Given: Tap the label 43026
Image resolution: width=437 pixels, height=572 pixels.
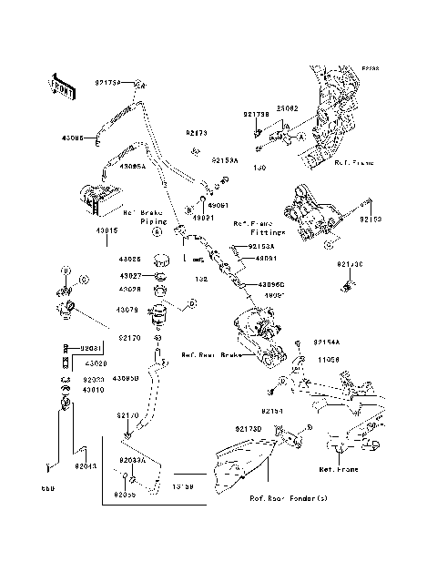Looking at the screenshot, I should [129, 260].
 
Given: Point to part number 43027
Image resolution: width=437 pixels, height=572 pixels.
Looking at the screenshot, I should [129, 275].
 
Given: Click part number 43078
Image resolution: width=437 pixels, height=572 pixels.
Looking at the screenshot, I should [129, 311].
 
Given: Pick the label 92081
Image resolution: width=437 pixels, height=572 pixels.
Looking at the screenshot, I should [88, 348].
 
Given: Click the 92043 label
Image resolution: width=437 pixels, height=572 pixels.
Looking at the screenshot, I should [86, 466].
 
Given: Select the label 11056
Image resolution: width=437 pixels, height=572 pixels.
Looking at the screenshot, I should [328, 359].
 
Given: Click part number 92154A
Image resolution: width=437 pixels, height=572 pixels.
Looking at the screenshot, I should [328, 342].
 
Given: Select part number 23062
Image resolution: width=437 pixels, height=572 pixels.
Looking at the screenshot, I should [263, 107].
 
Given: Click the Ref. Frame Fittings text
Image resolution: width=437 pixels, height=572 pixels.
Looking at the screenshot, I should [254, 227].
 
